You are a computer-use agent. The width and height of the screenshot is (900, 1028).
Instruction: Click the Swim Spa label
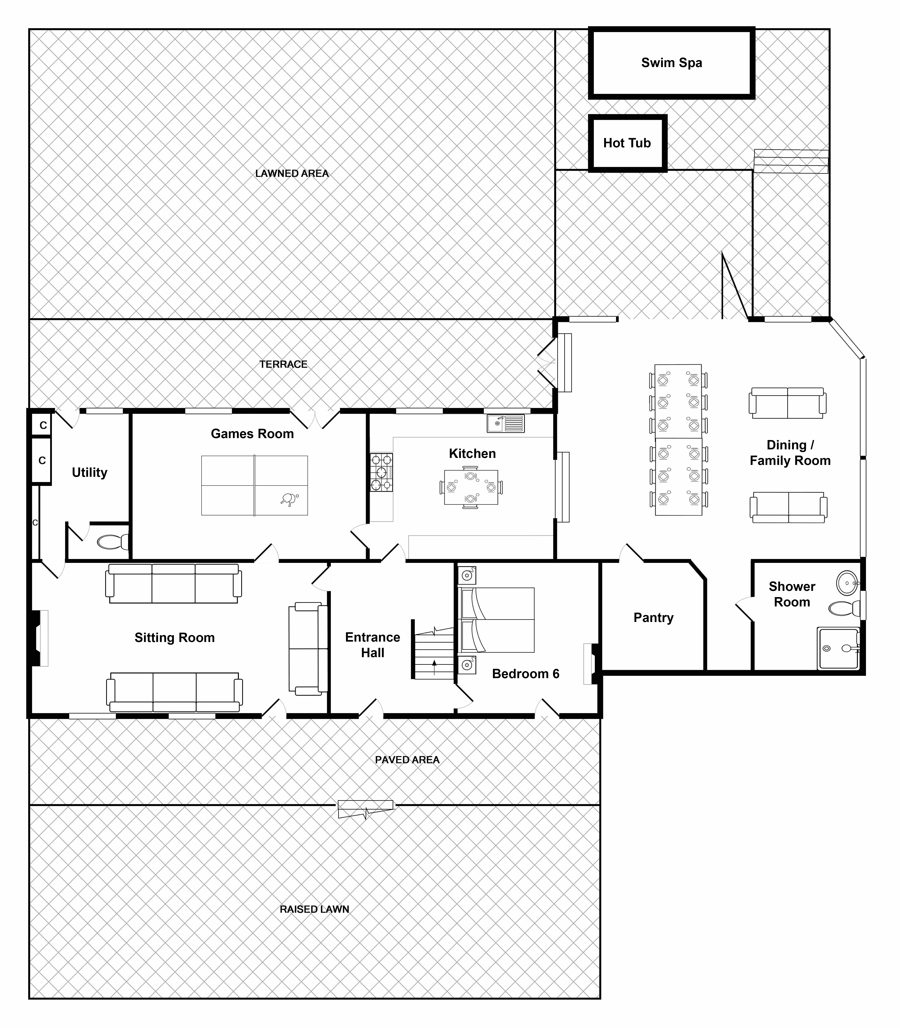pyautogui.click(x=671, y=63)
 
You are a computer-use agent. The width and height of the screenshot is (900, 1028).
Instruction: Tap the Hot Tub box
pyautogui.click(x=627, y=143)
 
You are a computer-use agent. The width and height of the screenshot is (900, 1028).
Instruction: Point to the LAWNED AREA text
pyautogui.click(x=292, y=173)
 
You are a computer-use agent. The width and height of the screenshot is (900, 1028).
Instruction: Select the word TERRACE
pyautogui.click(x=283, y=364)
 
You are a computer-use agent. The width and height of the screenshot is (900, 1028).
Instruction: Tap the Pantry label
pyautogui.click(x=653, y=618)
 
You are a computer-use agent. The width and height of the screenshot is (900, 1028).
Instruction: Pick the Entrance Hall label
pyautogui.click(x=373, y=645)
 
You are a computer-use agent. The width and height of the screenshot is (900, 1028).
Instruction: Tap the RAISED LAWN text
pyautogui.click(x=314, y=909)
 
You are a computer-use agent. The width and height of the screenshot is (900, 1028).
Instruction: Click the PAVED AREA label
pyautogui.click(x=407, y=760)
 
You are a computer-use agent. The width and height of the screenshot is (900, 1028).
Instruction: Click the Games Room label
pyautogui.click(x=252, y=434)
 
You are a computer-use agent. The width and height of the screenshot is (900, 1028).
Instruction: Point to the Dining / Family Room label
pyautogui.click(x=790, y=453)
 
